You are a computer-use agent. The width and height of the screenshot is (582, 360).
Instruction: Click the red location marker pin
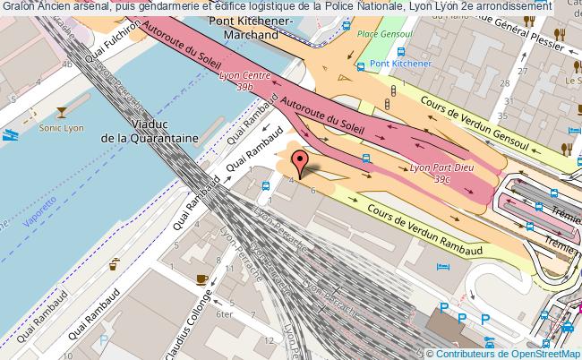tap(302, 163)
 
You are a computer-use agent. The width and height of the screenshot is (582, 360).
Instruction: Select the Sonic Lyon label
tap(61, 128)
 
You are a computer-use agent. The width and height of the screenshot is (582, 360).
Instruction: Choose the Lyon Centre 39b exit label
tap(241, 81)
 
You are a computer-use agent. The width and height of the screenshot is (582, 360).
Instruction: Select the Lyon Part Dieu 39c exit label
tap(430, 172)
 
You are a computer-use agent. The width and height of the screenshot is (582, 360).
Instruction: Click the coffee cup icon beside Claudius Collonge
tap(201, 279)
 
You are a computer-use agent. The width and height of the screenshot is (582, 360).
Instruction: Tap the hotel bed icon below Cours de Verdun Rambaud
tap(439, 267)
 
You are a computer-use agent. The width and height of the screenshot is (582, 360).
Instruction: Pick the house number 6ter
tap(225, 315)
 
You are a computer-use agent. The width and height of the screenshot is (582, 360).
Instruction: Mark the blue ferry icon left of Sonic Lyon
tap(9, 136)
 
